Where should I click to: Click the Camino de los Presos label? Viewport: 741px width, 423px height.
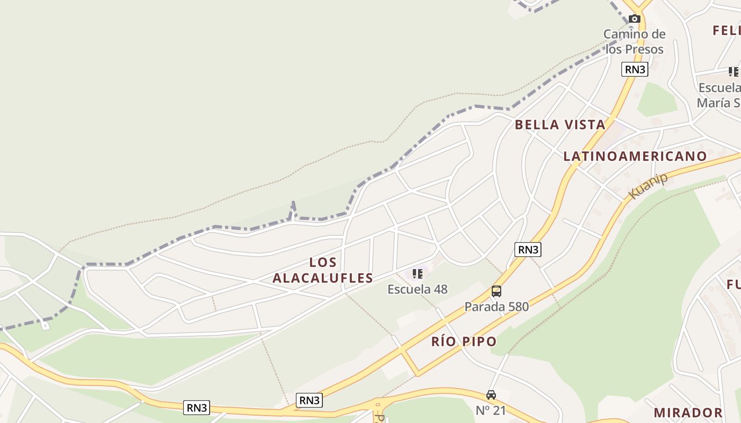click(634, 42)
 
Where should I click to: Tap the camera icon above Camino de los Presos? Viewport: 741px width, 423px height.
click(635, 19)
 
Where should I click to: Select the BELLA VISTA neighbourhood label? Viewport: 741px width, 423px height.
click(559, 125)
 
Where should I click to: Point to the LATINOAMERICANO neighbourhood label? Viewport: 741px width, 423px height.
click(635, 156)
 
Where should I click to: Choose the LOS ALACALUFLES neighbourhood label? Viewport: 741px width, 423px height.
click(323, 270)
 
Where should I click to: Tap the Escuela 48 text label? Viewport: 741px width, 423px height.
click(417, 289)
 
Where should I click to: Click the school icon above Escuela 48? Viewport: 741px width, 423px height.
click(418, 274)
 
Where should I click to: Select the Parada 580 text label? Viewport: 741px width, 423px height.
click(496, 307)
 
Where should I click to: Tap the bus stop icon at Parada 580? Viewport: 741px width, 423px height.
click(496, 291)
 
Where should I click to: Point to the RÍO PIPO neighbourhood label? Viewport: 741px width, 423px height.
click(464, 342)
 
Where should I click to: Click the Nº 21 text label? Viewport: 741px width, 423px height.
click(491, 410)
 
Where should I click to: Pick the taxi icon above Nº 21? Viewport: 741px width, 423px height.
click(491, 395)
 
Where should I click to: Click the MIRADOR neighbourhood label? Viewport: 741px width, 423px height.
click(688, 412)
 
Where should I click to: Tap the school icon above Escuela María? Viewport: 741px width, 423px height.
click(733, 71)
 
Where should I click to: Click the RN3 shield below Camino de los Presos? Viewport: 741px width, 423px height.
click(635, 69)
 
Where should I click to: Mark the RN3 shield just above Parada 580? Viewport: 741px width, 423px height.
click(528, 250)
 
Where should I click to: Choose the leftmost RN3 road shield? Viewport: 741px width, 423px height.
click(197, 408)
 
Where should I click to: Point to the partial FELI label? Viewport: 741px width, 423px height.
click(726, 30)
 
